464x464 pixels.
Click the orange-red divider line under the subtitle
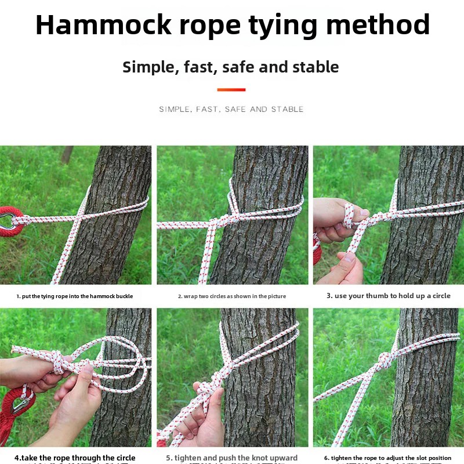pos(231,90)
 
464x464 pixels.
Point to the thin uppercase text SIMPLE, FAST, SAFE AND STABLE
pos(231,109)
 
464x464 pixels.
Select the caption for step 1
pos(75,296)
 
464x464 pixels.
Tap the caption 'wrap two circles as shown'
pos(232,296)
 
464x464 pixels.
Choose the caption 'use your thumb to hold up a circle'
pos(388,296)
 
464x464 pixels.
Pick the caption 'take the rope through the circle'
pos(75,458)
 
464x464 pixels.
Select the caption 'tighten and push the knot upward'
pos(232,458)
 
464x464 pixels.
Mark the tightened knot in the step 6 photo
pos(383,358)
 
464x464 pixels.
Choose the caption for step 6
pos(388,458)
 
